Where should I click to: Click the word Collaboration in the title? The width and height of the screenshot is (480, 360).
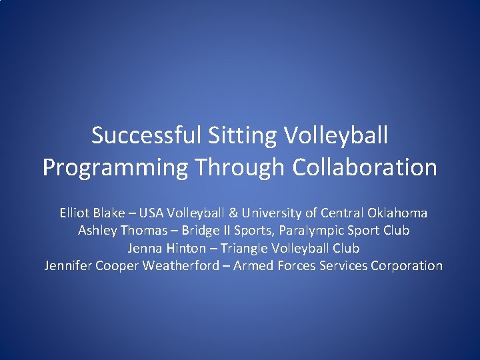click(365, 167)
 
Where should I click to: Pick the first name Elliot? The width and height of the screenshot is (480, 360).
click(75, 213)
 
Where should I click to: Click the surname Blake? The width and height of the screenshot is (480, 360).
click(107, 213)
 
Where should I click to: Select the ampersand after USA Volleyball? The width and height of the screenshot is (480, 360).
click(232, 213)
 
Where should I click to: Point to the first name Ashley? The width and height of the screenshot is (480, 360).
click(96, 231)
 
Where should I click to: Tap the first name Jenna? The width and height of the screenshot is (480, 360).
click(143, 248)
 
